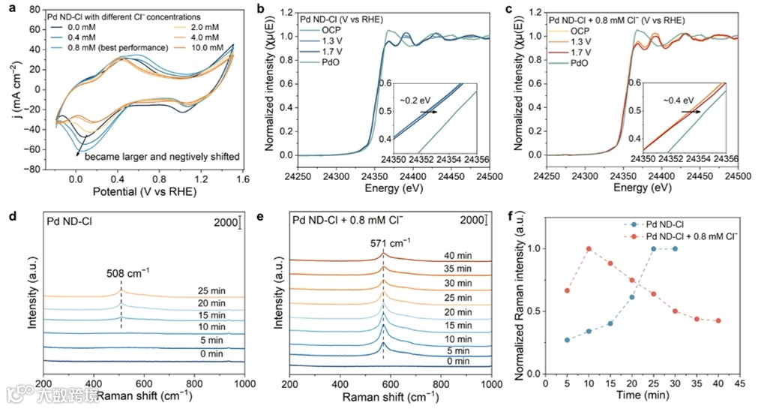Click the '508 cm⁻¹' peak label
tap(121, 272)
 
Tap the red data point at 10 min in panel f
tap(589, 248)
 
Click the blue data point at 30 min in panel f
tap(675, 248)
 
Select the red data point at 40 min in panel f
tap(718, 320)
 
